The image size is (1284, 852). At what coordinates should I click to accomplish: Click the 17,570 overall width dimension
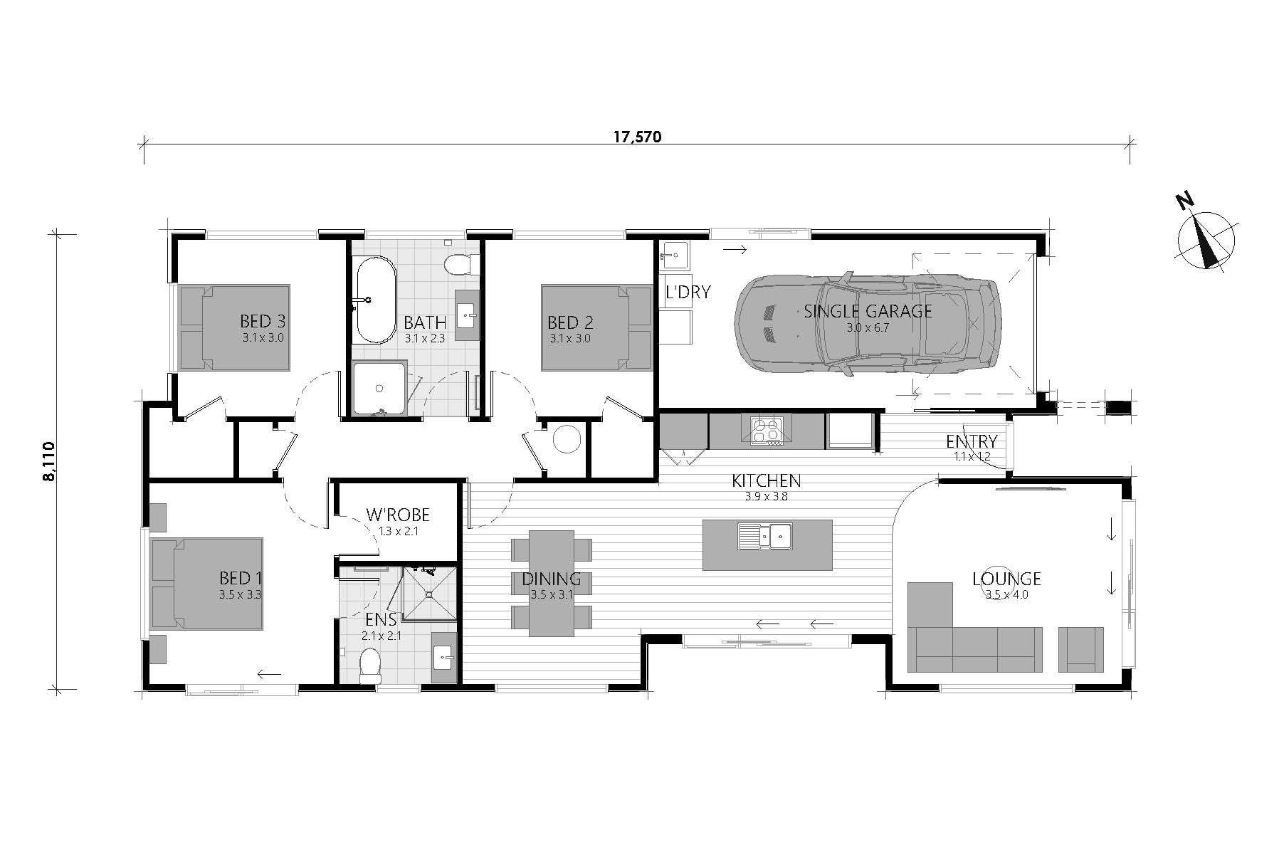coord(637,137)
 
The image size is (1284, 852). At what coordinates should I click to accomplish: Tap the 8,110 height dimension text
coord(48,461)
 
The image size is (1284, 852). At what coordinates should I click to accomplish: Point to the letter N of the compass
coord(1185,202)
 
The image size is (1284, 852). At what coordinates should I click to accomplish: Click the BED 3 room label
coord(263,321)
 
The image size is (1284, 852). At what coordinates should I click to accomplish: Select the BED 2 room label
coord(570,322)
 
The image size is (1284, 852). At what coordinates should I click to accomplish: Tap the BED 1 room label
coord(240,577)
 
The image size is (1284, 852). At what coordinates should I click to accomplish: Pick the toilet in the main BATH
coord(458,265)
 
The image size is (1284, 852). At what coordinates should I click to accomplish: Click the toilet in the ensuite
coord(370,666)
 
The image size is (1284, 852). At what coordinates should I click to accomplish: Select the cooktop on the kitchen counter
coord(766,431)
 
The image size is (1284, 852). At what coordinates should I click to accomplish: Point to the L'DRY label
coord(688,292)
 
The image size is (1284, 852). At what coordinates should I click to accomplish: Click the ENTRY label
coord(972,441)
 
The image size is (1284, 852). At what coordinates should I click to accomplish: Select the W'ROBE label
coord(398,514)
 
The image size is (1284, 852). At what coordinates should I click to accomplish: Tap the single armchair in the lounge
coord(1080,649)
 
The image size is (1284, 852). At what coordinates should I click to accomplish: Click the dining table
coord(551,583)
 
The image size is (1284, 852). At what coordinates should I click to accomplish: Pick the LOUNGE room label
coord(1006,579)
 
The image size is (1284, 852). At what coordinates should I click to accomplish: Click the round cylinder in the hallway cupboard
coord(567,439)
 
